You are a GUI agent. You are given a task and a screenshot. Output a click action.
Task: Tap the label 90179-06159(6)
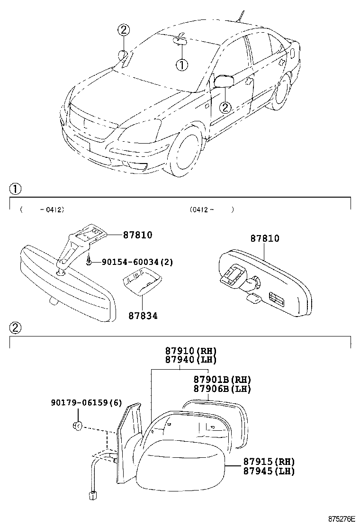(x=86, y=403)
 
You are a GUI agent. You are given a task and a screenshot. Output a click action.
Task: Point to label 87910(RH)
(x=190, y=351)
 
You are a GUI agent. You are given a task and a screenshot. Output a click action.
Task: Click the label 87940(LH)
(x=190, y=360)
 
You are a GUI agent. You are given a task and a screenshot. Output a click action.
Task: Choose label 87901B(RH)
(x=222, y=380)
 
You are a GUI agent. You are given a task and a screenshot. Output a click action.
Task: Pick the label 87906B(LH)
(x=222, y=389)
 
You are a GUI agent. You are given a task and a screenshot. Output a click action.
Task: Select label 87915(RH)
(x=269, y=462)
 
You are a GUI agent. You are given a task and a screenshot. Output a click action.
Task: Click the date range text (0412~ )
(x=211, y=209)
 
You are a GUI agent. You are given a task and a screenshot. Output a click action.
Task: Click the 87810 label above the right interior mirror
(x=265, y=238)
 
